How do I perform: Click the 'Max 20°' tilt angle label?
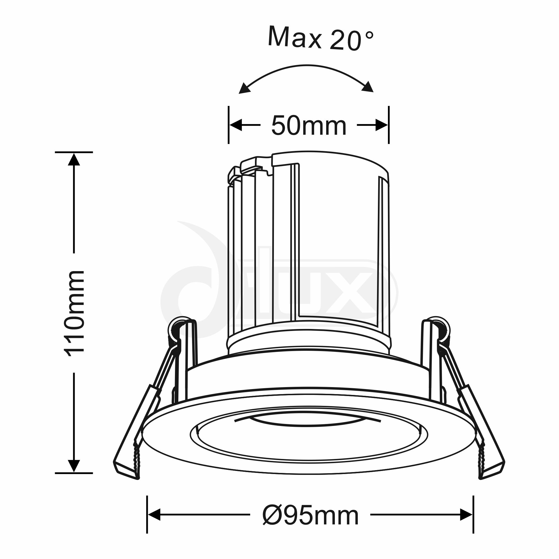(x=321, y=39)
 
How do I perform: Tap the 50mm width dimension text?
(x=309, y=126)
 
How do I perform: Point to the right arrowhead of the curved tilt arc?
(x=368, y=87)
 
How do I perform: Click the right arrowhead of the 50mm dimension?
(x=382, y=125)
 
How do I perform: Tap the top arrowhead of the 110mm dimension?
(x=74, y=159)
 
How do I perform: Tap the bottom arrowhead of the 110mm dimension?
(x=74, y=466)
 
